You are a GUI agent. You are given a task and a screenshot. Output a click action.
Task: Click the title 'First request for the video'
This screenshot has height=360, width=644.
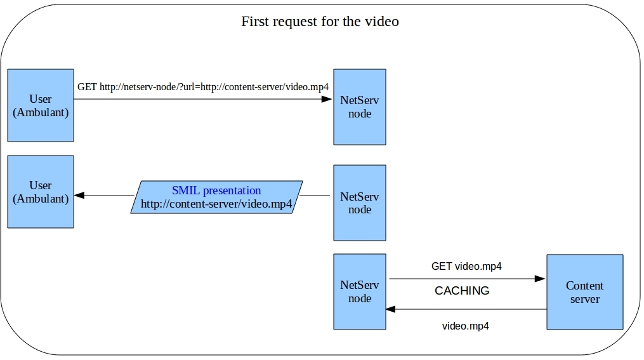click(x=320, y=21)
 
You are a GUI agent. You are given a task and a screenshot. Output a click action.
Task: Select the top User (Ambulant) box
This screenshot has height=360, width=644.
click(x=41, y=105)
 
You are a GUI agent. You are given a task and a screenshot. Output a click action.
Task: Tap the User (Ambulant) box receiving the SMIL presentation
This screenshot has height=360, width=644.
click(x=41, y=192)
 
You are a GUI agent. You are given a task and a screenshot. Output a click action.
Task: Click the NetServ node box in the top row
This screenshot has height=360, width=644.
click(x=360, y=107)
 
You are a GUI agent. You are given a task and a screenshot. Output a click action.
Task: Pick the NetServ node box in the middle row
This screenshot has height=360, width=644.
click(x=360, y=203)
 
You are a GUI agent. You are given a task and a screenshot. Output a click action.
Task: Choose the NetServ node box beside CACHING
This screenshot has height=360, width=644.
click(x=360, y=291)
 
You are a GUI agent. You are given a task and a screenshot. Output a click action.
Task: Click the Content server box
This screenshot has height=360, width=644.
click(x=584, y=292)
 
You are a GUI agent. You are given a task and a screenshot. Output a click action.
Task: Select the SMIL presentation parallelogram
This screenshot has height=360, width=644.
click(x=216, y=197)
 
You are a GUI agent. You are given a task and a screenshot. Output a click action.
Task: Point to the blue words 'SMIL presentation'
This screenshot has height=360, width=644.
click(x=216, y=190)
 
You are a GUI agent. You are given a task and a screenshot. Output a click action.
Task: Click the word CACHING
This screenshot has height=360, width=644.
click(x=462, y=291)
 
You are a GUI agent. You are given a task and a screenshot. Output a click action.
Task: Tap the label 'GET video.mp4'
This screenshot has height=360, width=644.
click(x=466, y=267)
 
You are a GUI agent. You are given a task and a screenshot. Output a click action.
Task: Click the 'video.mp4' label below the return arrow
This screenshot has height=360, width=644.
click(x=465, y=326)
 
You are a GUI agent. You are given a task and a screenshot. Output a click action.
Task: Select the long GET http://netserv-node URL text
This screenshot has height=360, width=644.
click(x=202, y=86)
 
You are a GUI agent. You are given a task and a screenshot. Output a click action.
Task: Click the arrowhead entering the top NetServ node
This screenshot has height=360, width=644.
click(x=327, y=99)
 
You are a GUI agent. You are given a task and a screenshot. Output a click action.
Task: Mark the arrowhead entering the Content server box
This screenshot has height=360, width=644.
click(x=541, y=279)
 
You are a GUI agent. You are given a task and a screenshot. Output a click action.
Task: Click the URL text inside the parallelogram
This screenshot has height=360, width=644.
click(x=216, y=204)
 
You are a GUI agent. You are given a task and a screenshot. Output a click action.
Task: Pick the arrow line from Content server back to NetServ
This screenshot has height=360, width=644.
click(x=470, y=309)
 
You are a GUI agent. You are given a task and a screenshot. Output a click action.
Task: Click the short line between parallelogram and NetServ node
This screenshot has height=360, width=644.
click(x=315, y=196)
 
